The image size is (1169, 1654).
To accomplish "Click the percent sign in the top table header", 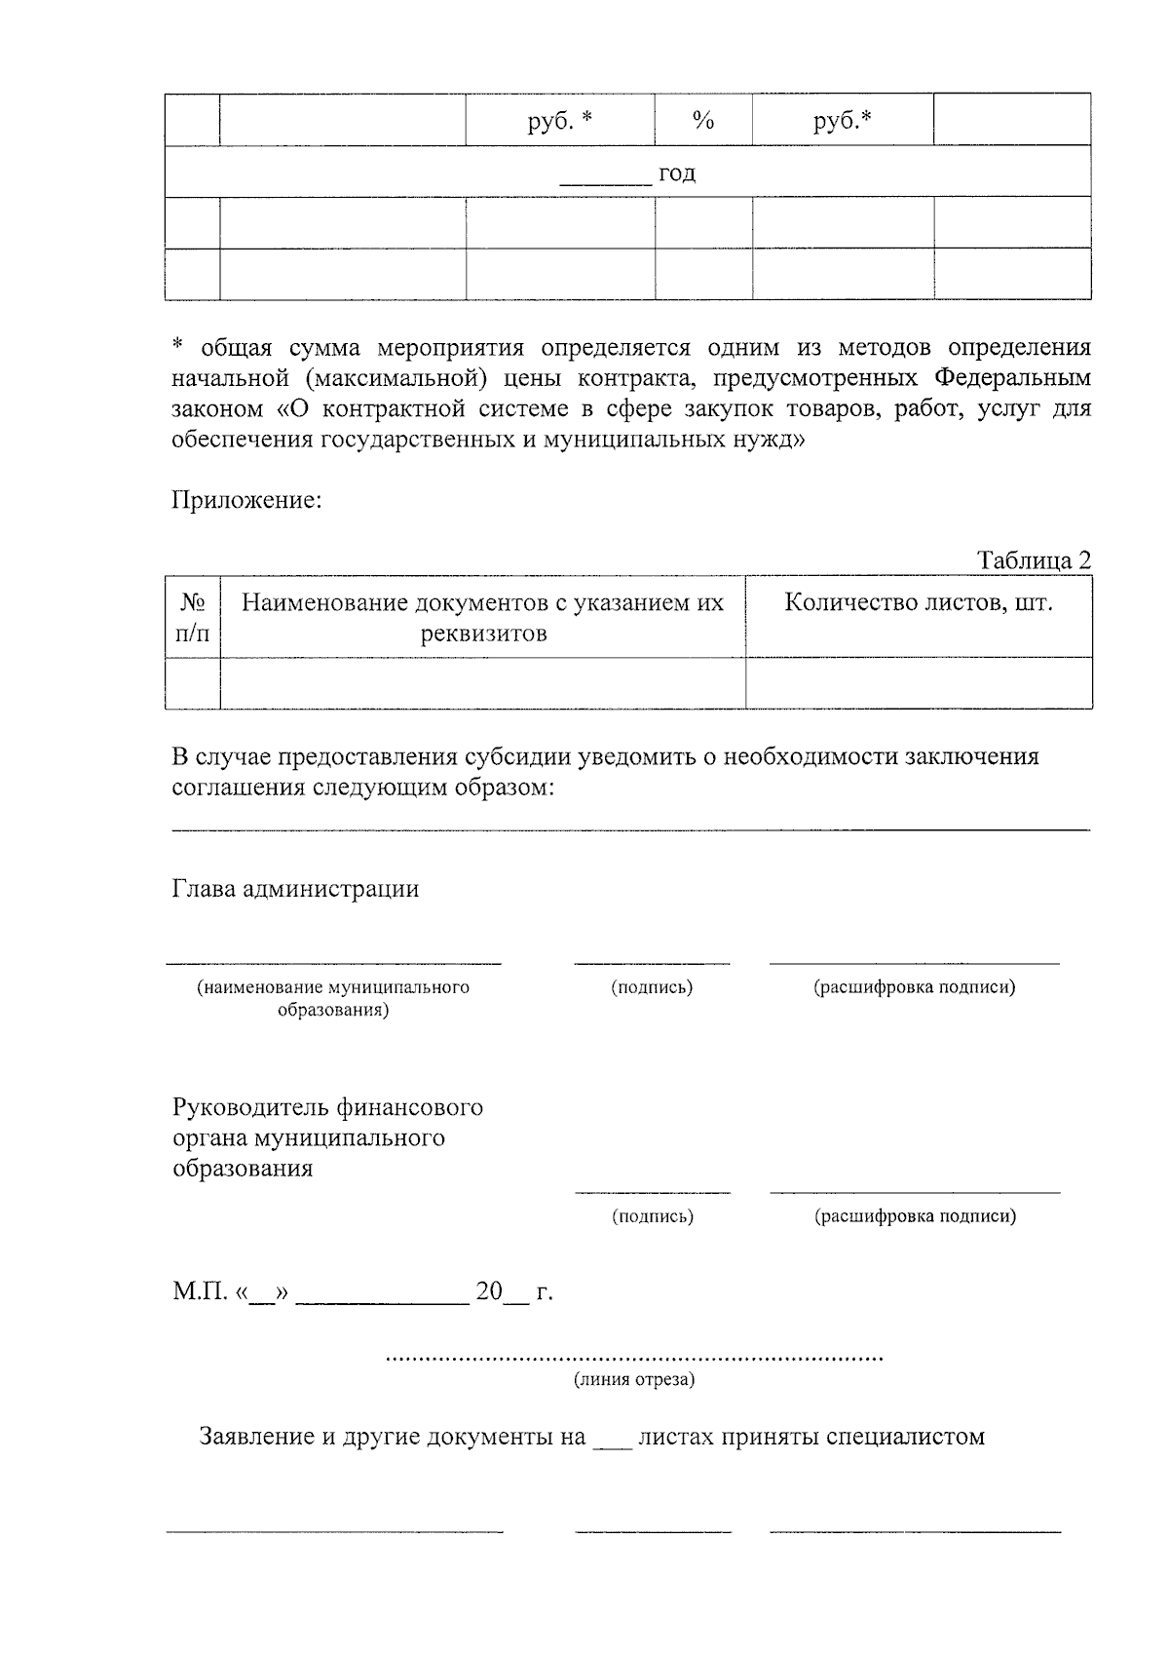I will [x=702, y=121].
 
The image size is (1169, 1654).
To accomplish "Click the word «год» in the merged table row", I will [x=677, y=173].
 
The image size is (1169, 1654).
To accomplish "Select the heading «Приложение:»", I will [x=246, y=501].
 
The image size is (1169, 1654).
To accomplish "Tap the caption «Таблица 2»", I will [x=1035, y=560].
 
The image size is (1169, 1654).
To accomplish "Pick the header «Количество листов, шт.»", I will [x=919, y=602].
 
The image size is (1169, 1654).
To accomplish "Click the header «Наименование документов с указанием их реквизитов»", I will [x=482, y=618].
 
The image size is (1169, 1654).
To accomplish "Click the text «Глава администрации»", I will [x=295, y=889].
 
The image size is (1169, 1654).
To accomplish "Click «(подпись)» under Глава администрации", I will [x=652, y=987].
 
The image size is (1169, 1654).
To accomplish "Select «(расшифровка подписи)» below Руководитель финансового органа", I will [x=915, y=1216].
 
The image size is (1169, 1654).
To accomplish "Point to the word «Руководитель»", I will [x=250, y=1107].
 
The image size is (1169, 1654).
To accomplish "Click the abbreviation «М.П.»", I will [x=200, y=1292].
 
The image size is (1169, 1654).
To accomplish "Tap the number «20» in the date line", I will [x=488, y=1292].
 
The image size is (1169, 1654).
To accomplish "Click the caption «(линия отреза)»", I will [x=634, y=1380].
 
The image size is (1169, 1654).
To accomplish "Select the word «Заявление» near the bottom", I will [x=256, y=1437].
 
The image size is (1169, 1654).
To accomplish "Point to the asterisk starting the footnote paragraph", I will [x=177, y=346].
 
